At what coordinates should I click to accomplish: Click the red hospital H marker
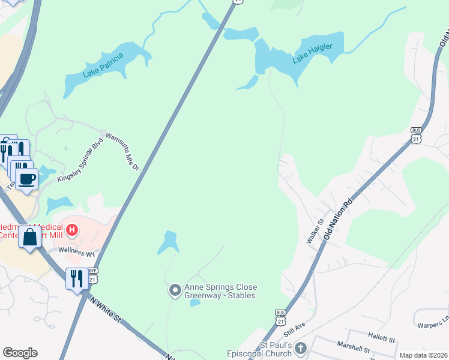coord(71,229)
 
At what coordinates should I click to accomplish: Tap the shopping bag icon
coord(29,237)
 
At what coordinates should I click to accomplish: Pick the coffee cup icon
coord(26,178)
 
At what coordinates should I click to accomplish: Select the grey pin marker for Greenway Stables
coord(175,291)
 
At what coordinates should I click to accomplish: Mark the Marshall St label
coord(352,349)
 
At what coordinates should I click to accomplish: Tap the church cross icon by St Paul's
coord(301,349)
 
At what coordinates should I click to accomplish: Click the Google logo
coord(20,353)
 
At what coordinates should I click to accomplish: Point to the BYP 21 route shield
coord(92,275)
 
